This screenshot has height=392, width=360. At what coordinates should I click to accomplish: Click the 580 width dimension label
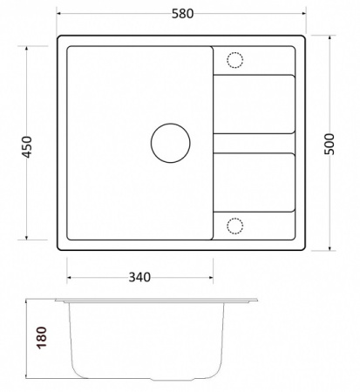pos(182,14)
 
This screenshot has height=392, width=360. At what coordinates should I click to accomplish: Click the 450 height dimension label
pos(27,147)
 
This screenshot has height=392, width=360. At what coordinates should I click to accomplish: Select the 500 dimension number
pos(329,144)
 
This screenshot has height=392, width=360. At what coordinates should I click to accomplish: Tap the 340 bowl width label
pos(139,277)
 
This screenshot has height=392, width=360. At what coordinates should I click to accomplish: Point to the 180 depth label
pos(42,337)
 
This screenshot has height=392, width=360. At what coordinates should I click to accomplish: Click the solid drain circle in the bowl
pos(171,124)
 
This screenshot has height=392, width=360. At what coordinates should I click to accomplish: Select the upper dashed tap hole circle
pos(234,52)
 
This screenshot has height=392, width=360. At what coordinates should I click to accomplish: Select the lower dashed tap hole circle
pos(234,218)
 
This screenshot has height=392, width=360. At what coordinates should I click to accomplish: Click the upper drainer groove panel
pos(255,104)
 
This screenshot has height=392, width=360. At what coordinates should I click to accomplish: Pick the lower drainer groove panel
pos(255,182)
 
